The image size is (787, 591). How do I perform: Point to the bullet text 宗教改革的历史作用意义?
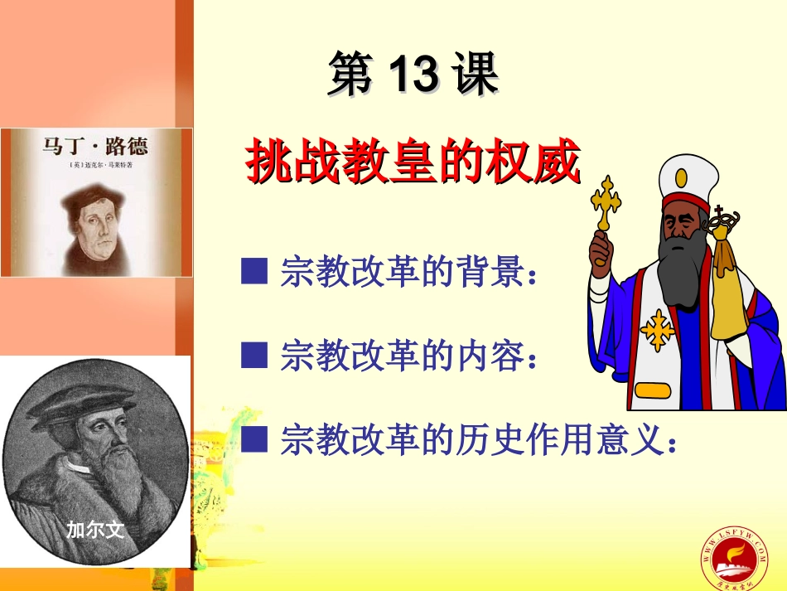[479, 440]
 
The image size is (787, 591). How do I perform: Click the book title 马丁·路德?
[94, 148]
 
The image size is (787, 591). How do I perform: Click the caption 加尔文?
[95, 530]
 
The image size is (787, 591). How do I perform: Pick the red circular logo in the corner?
[734, 555]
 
